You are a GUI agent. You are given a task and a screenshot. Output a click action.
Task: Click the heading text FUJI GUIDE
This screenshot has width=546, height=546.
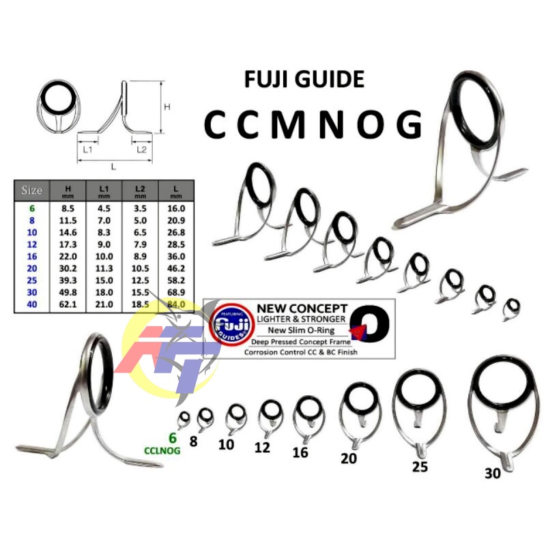[x=304, y=80]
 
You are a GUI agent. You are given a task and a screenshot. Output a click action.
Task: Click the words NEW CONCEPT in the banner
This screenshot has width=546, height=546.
[x=302, y=309]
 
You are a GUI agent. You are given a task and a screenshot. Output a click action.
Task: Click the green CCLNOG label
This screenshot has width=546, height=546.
[x=162, y=450]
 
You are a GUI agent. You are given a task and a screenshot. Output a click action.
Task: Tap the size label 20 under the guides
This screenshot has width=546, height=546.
[x=349, y=459]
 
